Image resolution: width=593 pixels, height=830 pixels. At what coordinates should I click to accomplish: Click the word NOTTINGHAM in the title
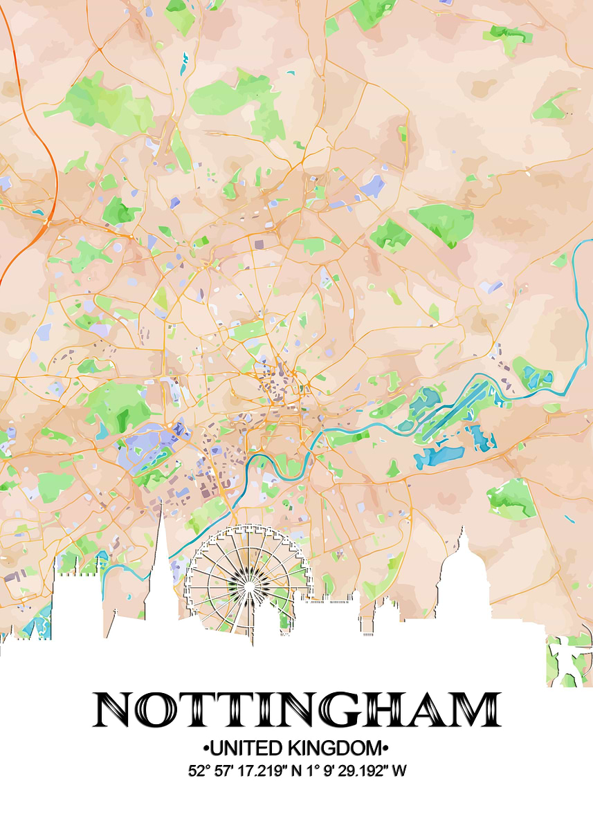pos(296,709)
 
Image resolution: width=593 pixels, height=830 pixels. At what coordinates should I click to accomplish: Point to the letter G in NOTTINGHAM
pos(358,709)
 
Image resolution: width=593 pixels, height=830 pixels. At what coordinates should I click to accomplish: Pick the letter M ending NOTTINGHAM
pos(475,709)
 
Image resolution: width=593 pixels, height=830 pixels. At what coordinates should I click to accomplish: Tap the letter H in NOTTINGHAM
pos(398,709)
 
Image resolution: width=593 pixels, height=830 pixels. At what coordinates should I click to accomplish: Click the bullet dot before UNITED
pos(206,748)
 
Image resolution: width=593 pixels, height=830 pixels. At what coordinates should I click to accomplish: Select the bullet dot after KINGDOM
pos(386,748)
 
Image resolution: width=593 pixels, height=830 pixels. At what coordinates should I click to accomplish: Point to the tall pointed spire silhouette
pos(160,546)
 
